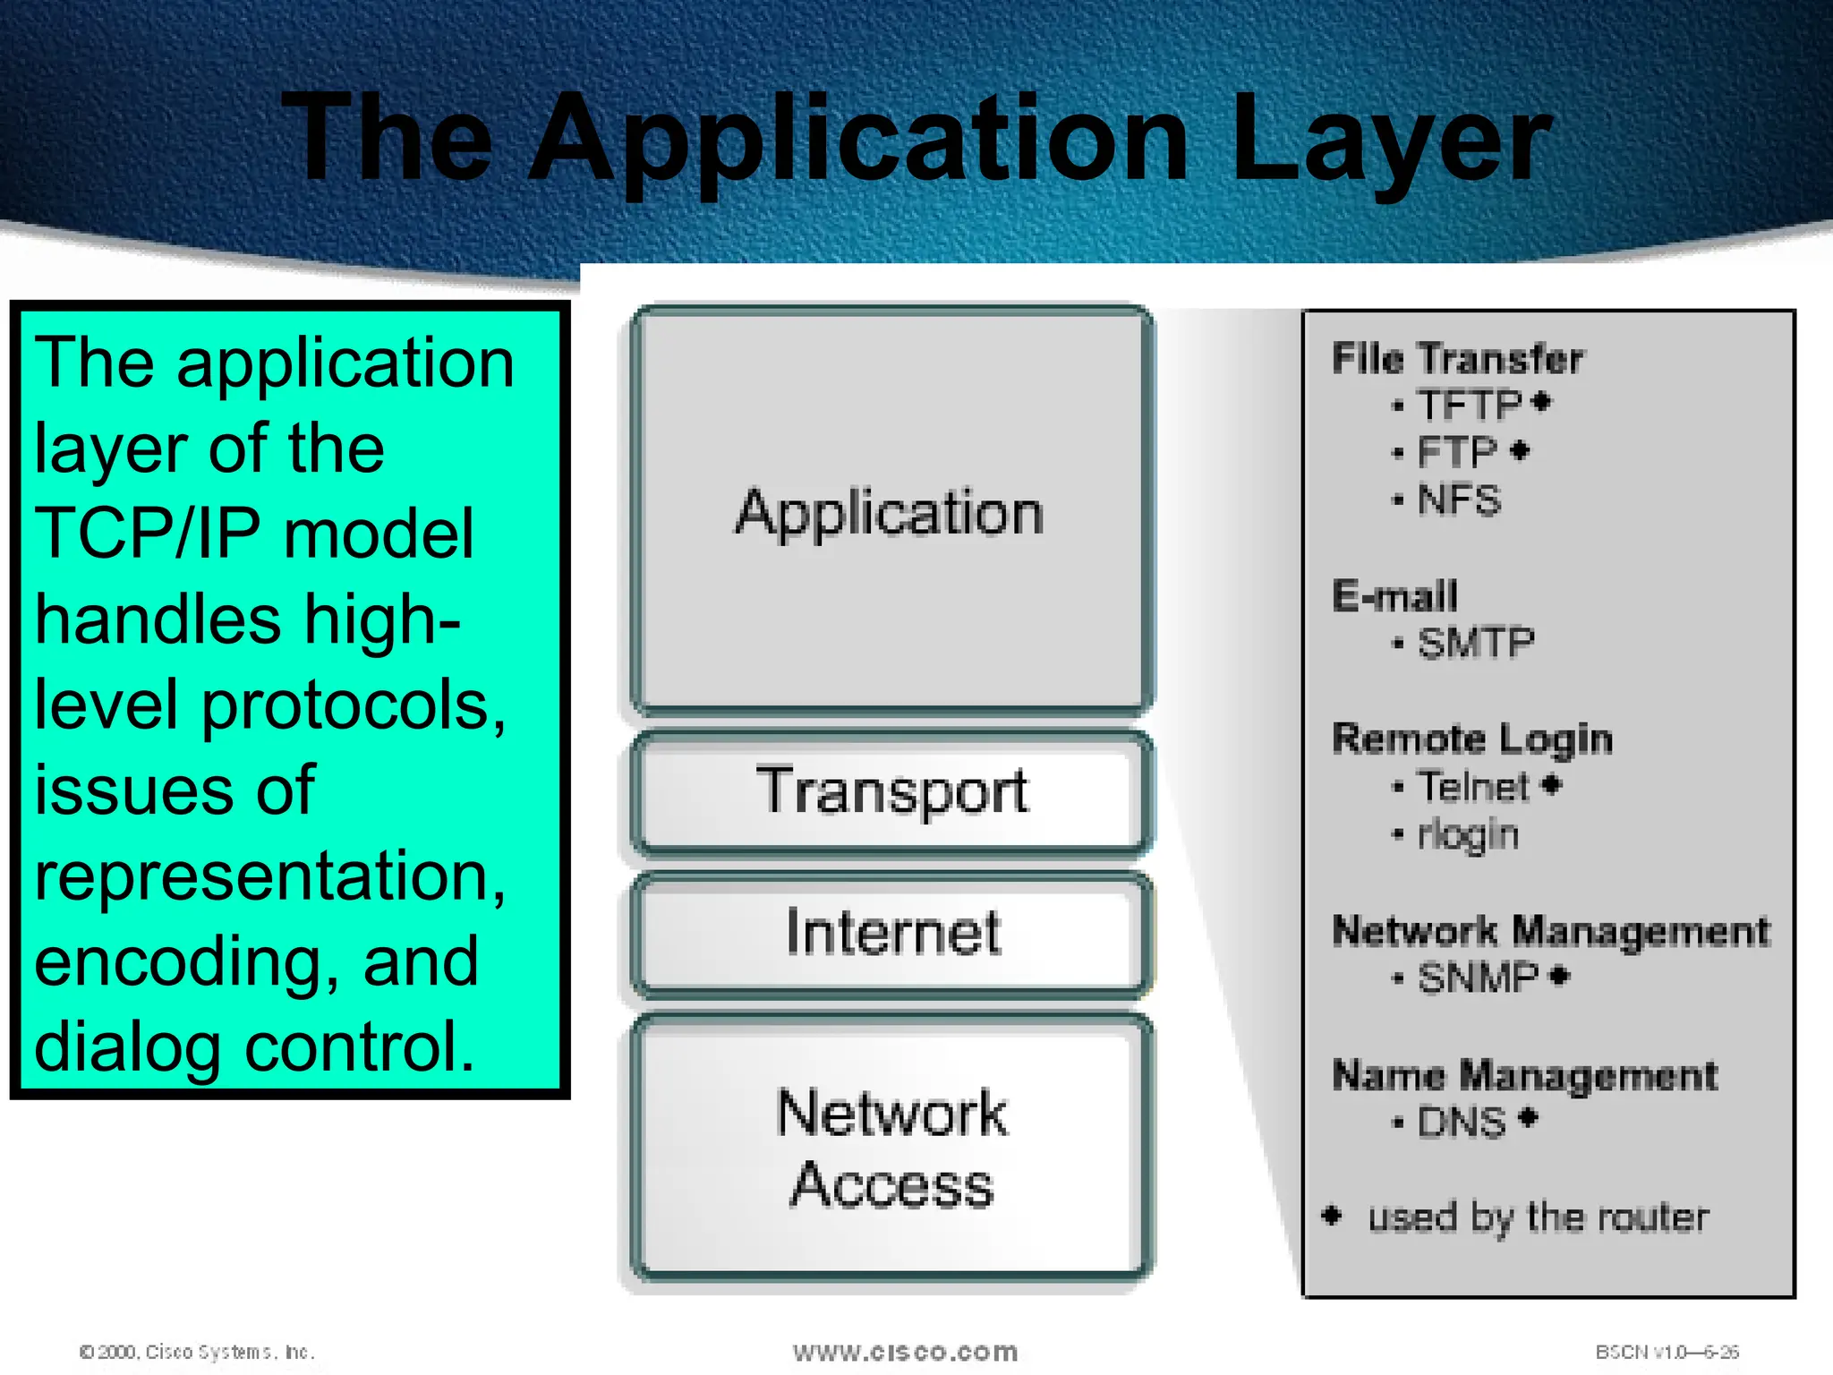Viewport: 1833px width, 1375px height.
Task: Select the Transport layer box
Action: click(x=891, y=791)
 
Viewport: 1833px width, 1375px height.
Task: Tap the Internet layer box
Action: click(x=891, y=933)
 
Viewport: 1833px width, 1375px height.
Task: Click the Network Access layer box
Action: click(x=891, y=1149)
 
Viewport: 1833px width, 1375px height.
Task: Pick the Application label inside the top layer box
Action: click(x=889, y=513)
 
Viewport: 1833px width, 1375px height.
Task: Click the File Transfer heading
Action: click(x=1457, y=359)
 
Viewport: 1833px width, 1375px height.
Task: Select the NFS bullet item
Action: click(x=1459, y=500)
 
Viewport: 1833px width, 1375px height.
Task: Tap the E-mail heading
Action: click(x=1394, y=596)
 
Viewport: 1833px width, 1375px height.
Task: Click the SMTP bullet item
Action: click(x=1476, y=643)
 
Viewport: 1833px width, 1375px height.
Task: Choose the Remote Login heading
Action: click(x=1472, y=739)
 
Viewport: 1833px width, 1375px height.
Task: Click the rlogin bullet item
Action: click(x=1468, y=834)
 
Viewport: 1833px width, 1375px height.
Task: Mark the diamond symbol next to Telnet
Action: click(x=1552, y=785)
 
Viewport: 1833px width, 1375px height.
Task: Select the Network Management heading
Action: click(x=1550, y=931)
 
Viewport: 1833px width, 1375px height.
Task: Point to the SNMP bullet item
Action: click(x=1478, y=977)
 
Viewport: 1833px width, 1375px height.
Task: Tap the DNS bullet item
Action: click(x=1462, y=1122)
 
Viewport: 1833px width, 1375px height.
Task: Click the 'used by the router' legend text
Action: click(x=1538, y=1217)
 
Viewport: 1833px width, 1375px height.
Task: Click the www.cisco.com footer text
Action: click(x=905, y=1351)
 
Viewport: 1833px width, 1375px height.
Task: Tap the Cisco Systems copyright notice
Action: click(x=197, y=1351)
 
